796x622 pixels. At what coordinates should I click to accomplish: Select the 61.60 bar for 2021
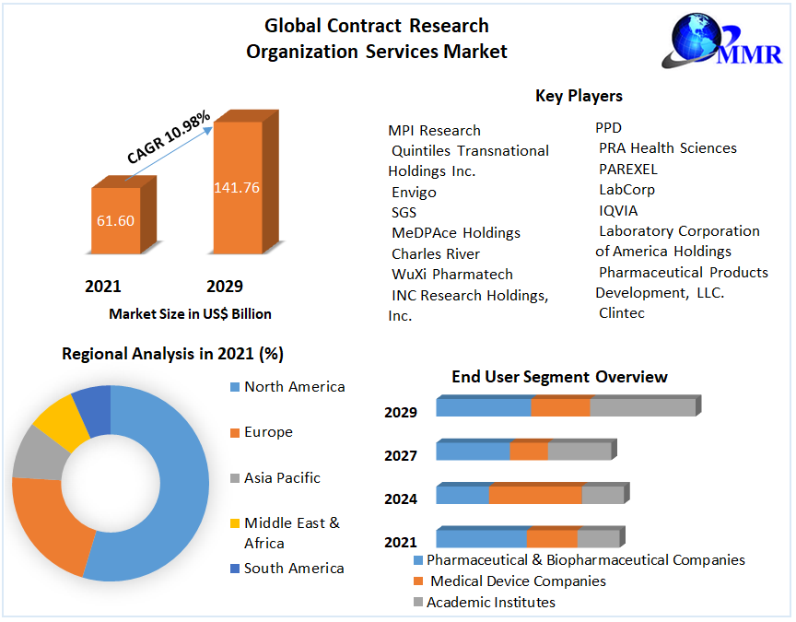(116, 220)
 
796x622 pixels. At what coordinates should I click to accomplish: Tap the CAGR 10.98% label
(169, 138)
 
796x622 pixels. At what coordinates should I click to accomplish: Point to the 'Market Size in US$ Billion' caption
(190, 314)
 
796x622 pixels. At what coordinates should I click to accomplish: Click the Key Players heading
(579, 96)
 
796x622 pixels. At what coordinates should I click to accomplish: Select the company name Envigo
(414, 193)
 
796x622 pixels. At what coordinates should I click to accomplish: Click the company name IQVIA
(618, 210)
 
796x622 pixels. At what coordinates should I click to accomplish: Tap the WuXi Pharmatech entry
(452, 274)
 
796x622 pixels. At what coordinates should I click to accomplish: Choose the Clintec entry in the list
(622, 313)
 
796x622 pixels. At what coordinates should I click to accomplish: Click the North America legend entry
(294, 387)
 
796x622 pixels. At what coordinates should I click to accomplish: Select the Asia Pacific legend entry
(282, 477)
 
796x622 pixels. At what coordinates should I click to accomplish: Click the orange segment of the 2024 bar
(535, 495)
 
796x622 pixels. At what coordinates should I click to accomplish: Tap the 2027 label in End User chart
(401, 455)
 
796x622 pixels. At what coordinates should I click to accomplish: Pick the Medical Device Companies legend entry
(518, 581)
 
